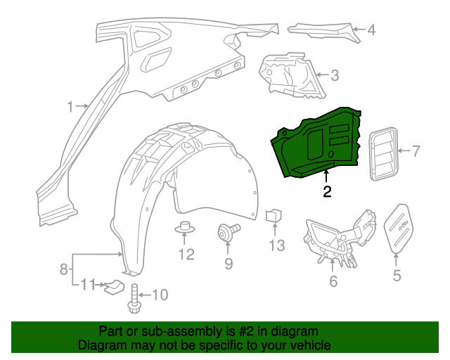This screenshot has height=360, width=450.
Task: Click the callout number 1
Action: [70, 107]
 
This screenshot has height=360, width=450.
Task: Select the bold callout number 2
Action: [327, 191]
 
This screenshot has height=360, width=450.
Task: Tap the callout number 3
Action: [335, 74]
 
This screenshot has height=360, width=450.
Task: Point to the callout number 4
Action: [371, 30]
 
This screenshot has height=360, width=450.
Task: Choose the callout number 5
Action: [397, 276]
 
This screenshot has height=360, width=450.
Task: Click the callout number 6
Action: [333, 281]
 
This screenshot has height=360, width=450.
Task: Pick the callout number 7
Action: [415, 150]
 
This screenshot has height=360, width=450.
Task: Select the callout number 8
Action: [64, 268]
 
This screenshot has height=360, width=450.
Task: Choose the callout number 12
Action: [186, 255]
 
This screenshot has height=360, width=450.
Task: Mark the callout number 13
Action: [276, 245]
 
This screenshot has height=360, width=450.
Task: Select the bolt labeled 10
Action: [134, 299]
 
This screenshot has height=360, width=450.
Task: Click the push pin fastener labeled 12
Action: [186, 228]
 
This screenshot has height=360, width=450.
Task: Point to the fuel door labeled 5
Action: [399, 227]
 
